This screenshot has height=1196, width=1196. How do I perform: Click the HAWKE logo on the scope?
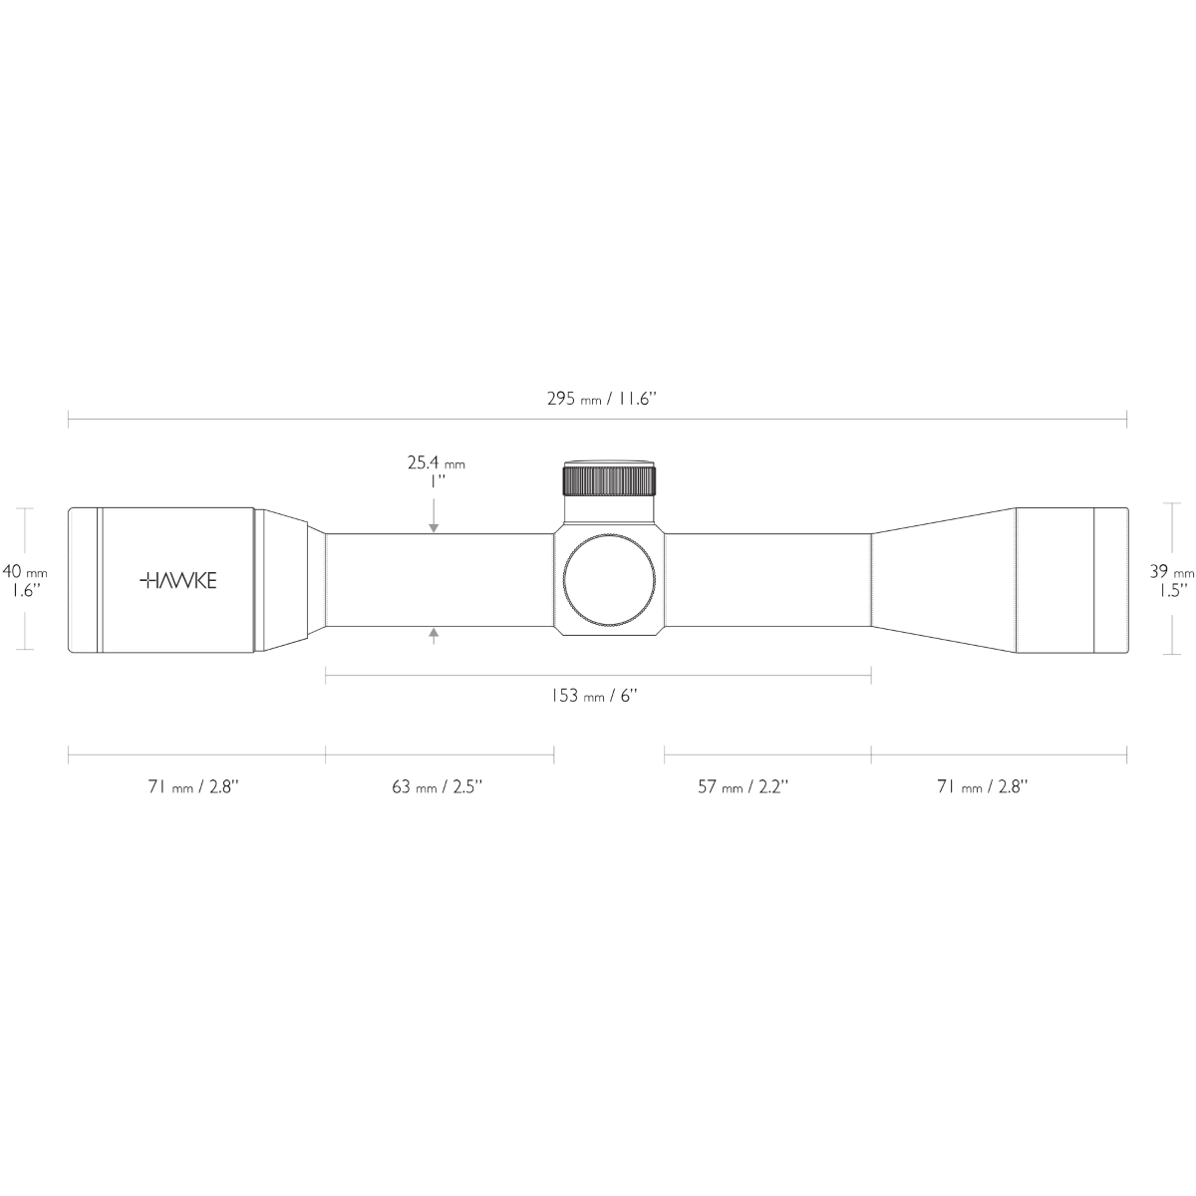click(x=177, y=580)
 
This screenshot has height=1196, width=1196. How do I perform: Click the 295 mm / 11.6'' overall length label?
click(x=602, y=399)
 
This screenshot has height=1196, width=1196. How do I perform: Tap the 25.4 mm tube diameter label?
click(x=436, y=471)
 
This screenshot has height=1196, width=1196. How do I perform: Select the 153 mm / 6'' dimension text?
click(x=594, y=696)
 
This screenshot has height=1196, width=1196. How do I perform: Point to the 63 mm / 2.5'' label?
click(x=437, y=786)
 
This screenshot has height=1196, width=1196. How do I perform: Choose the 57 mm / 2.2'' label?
click(x=743, y=786)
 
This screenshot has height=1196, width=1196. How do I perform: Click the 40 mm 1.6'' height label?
click(x=25, y=580)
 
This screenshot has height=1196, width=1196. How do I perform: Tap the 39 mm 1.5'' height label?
click(x=1171, y=580)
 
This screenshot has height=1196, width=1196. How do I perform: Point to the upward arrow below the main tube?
click(x=434, y=635)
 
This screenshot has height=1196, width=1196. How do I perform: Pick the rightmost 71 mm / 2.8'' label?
click(x=982, y=786)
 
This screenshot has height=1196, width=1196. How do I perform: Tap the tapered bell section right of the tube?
click(x=942, y=580)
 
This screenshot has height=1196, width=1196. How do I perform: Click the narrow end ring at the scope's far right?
click(x=1110, y=580)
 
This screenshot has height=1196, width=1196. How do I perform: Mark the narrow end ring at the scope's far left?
click(x=83, y=580)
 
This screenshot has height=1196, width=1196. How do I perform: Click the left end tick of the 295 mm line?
click(x=68, y=419)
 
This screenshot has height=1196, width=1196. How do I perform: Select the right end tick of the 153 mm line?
click(x=871, y=676)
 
